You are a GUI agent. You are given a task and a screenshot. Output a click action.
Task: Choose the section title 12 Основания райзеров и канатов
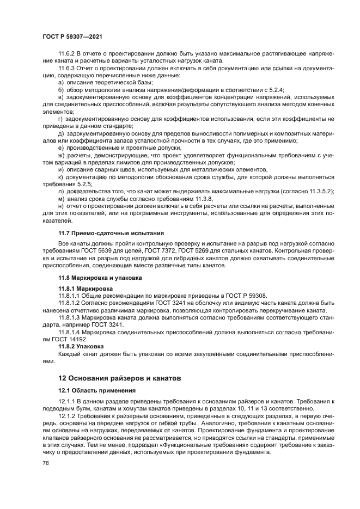point(120,377)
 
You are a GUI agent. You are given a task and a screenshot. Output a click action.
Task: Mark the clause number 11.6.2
point(68,55)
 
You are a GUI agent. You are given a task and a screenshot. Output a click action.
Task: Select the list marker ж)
point(61,156)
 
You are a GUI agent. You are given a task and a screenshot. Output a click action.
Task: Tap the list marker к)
point(60,176)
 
